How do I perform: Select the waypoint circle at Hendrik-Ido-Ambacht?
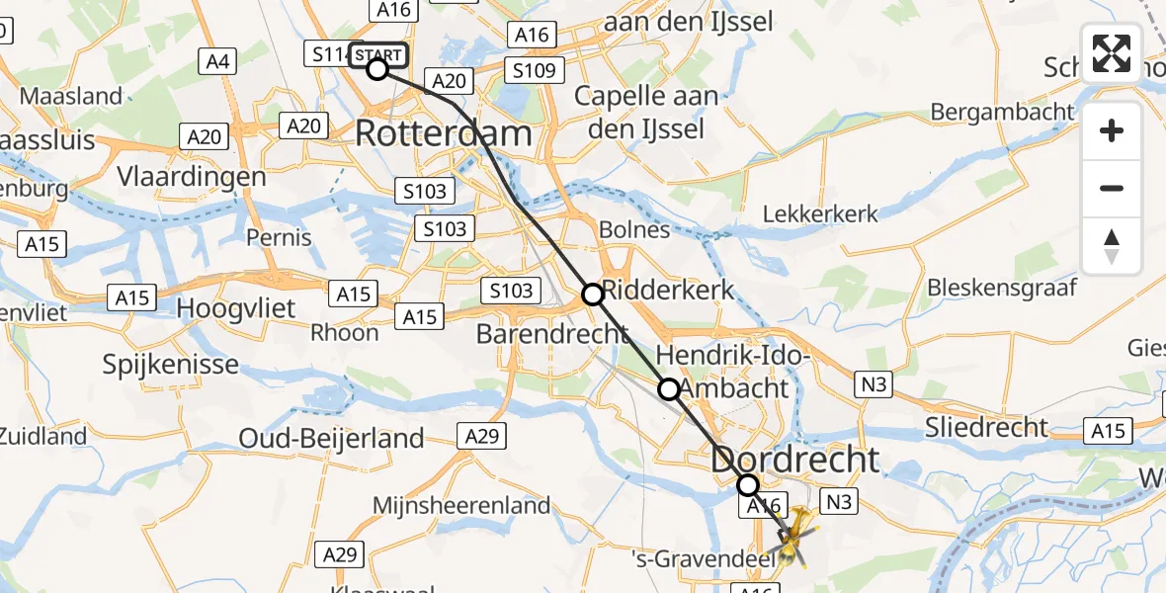(x=669, y=389)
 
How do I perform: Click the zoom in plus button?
(x=1112, y=131)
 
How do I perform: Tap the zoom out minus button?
(x=1112, y=188)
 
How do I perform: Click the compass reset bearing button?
(x=1112, y=245)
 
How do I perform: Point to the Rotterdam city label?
(x=444, y=133)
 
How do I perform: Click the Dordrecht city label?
(x=794, y=460)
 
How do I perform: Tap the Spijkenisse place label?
(x=171, y=365)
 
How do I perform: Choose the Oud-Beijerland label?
(x=332, y=438)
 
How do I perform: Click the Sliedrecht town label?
(x=985, y=427)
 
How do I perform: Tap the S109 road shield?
(x=534, y=70)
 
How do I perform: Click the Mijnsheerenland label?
(x=461, y=506)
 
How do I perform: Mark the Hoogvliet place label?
(x=236, y=308)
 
